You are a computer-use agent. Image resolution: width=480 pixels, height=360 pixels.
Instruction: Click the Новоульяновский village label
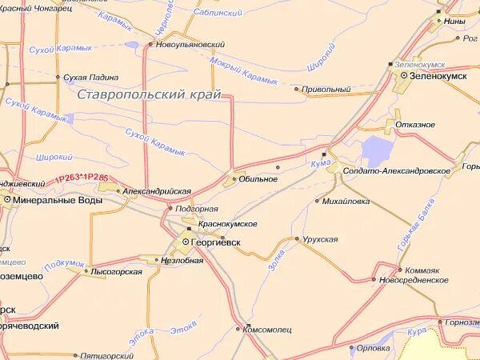pyautogui.click(x=190, y=45)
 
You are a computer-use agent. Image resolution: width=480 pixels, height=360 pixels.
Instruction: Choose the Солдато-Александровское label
pyautogui.click(x=396, y=171)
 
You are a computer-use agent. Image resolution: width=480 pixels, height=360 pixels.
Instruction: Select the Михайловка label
pyautogui.click(x=346, y=201)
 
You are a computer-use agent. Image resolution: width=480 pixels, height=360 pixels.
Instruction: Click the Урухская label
pyautogui.click(x=320, y=239)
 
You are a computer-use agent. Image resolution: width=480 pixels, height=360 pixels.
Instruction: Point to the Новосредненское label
pyautogui.click(x=414, y=280)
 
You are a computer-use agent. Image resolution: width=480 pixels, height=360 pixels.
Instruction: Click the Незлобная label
pyautogui.click(x=182, y=260)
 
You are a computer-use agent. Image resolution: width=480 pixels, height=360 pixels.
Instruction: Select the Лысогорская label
pyautogui.click(x=117, y=272)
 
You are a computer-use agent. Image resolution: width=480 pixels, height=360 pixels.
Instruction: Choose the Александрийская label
pyautogui.click(x=157, y=192)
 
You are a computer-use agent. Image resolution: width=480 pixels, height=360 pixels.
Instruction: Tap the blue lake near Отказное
pyautogui.click(x=376, y=151)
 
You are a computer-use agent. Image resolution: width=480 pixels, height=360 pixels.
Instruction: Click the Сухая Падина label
pyautogui.click(x=91, y=78)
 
